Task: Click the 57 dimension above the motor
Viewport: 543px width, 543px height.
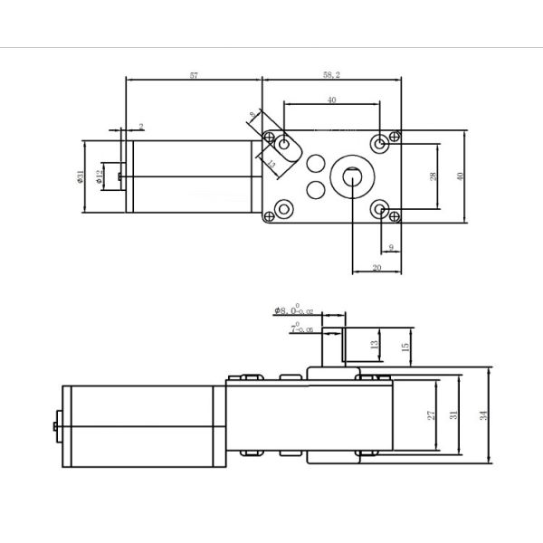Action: click(194, 75)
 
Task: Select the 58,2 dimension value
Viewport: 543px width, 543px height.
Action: click(331, 75)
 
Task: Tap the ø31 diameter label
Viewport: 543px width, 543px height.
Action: click(81, 176)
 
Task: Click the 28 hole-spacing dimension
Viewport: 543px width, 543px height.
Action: click(433, 176)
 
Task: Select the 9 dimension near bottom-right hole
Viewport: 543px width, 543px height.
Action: click(390, 246)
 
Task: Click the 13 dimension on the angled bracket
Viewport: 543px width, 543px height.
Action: click(271, 164)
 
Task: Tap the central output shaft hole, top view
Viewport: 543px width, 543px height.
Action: click(350, 177)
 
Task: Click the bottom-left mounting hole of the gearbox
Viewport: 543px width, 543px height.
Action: click(286, 211)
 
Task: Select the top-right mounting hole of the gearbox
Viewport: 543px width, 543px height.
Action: click(381, 143)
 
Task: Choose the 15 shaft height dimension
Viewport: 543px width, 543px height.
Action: click(405, 345)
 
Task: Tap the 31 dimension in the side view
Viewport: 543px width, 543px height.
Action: click(453, 415)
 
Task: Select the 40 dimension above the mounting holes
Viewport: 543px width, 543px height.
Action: click(331, 101)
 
